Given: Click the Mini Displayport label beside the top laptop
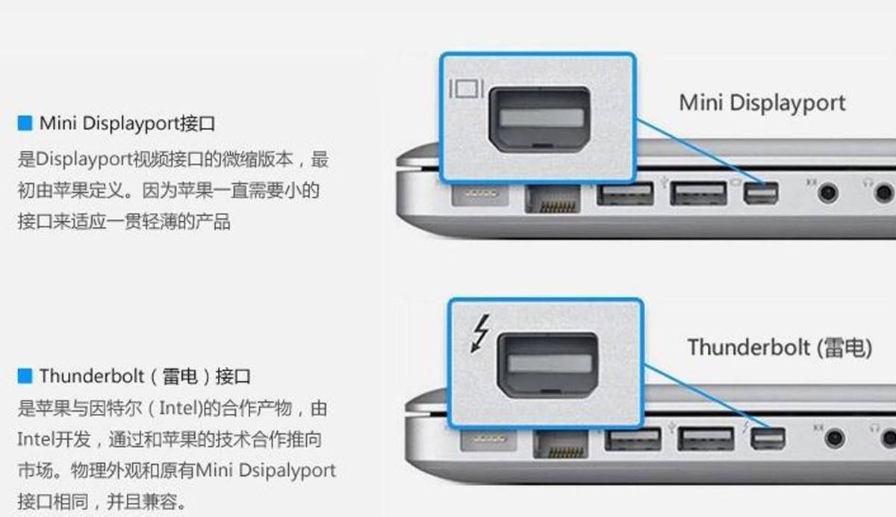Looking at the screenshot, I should click(x=762, y=102).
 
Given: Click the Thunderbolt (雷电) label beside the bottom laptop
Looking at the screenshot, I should click(x=780, y=347).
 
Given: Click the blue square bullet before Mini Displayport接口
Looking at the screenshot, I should click(x=25, y=123).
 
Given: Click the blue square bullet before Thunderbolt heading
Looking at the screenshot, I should click(x=25, y=374).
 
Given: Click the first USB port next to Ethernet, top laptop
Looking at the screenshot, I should click(x=625, y=194).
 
